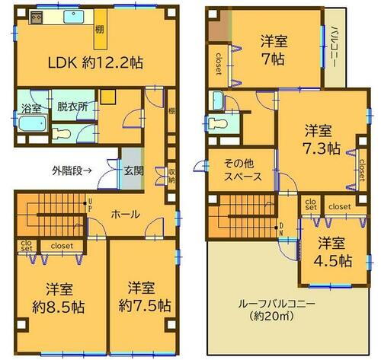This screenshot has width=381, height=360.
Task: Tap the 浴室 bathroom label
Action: pos(32,108)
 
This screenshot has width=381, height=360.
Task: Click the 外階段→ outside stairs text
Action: pos(72,170)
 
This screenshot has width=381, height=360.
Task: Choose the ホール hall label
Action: pos(125,214)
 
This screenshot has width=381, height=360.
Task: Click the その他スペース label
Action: pos(243,168)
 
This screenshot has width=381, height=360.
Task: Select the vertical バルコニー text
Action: pos(335,46)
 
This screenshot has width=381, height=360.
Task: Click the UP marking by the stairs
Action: pos(91,205)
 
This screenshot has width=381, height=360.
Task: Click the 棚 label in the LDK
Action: pos(100,30)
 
